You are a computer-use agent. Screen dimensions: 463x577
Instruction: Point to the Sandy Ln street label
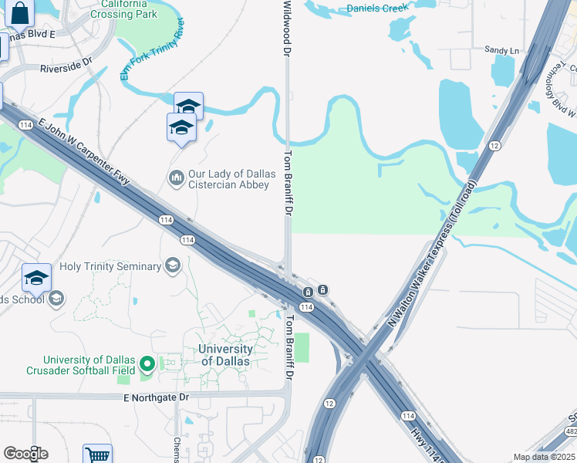[x=501, y=50]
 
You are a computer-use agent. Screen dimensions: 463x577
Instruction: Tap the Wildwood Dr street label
[x=287, y=28]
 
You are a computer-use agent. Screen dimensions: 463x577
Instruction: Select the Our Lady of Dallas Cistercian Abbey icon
[x=176, y=179]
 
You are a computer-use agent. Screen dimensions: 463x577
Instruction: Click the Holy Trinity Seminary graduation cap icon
[x=173, y=266]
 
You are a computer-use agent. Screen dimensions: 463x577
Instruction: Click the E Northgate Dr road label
[x=155, y=397]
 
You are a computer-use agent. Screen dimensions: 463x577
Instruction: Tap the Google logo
[x=25, y=453]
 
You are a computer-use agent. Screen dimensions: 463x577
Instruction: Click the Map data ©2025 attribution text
[x=544, y=457]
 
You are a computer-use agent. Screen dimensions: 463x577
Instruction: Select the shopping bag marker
[x=20, y=13]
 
